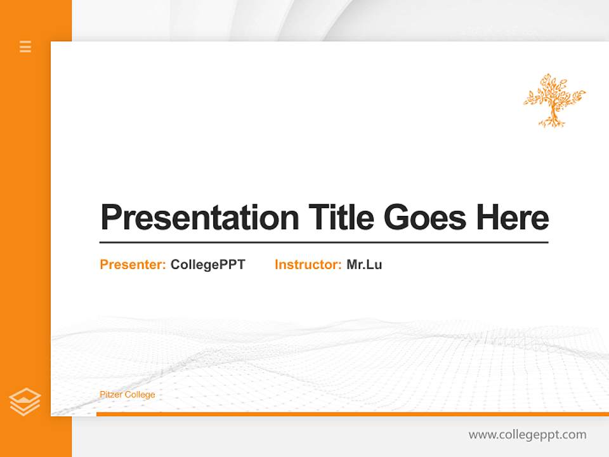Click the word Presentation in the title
pyautogui.click(x=200, y=218)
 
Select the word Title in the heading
pyautogui.click(x=341, y=218)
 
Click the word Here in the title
pyautogui.click(x=512, y=218)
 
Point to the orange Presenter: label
pyautogui.click(x=133, y=265)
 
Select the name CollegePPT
pyautogui.click(x=207, y=265)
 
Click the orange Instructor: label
pyautogui.click(x=308, y=265)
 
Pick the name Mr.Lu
pyautogui.click(x=364, y=265)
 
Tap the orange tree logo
pyautogui.click(x=554, y=100)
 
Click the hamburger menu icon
pyautogui.click(x=25, y=46)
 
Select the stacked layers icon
pyautogui.click(x=25, y=402)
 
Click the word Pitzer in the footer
pyautogui.click(x=111, y=395)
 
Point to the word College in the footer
pyautogui.click(x=140, y=395)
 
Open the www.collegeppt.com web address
pyautogui.click(x=527, y=435)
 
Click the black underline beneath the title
pyautogui.click(x=324, y=242)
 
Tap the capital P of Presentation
pyautogui.click(x=112, y=218)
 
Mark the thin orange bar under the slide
pyautogui.click(x=352, y=414)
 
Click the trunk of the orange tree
pyautogui.click(x=551, y=114)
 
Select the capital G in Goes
pyautogui.click(x=396, y=218)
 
